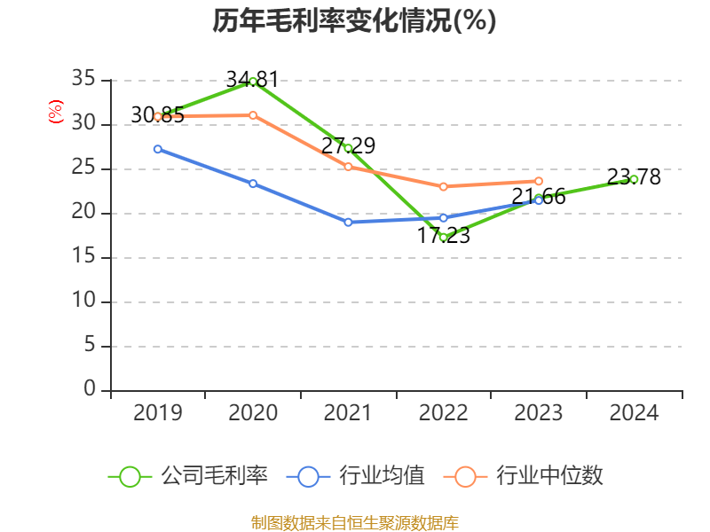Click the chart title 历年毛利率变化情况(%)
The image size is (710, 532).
click(x=354, y=21)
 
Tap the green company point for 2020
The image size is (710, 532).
click(x=253, y=82)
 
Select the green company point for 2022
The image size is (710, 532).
click(x=443, y=237)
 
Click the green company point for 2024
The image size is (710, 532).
click(x=634, y=179)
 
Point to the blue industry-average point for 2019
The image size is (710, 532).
click(x=158, y=149)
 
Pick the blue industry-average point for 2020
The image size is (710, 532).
click(x=253, y=184)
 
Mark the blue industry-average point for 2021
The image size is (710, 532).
click(x=348, y=222)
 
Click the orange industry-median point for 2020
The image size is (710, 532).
click(x=253, y=115)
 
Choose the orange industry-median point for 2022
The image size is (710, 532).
click(x=443, y=186)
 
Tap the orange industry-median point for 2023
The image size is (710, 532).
click(x=539, y=181)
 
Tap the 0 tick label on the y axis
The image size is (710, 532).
click(x=90, y=389)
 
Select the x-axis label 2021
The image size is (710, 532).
click(x=348, y=413)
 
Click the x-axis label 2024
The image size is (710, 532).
click(x=634, y=413)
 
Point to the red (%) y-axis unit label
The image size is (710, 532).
click(x=56, y=113)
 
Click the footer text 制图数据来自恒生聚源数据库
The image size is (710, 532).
click(x=354, y=522)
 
